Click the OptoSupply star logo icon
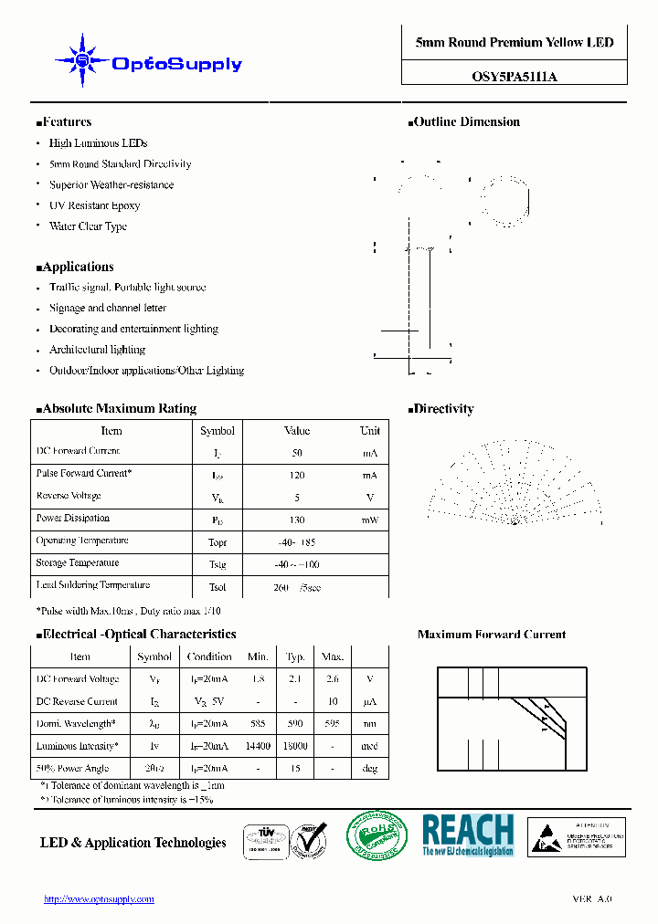point(82,61)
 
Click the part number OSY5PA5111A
point(514,78)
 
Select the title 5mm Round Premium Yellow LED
point(514,43)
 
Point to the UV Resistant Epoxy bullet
point(94,205)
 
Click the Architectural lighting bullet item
point(97,350)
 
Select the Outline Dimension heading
point(466,122)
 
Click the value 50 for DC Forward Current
point(297,453)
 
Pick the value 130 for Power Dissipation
point(297,520)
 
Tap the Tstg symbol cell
point(218,564)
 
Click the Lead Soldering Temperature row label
point(93,585)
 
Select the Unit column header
point(369,431)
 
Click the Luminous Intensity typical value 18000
point(295,746)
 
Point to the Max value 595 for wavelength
point(333,723)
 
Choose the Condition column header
point(209,656)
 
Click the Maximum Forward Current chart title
point(492,635)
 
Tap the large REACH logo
point(468,835)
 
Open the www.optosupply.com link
point(99,899)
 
